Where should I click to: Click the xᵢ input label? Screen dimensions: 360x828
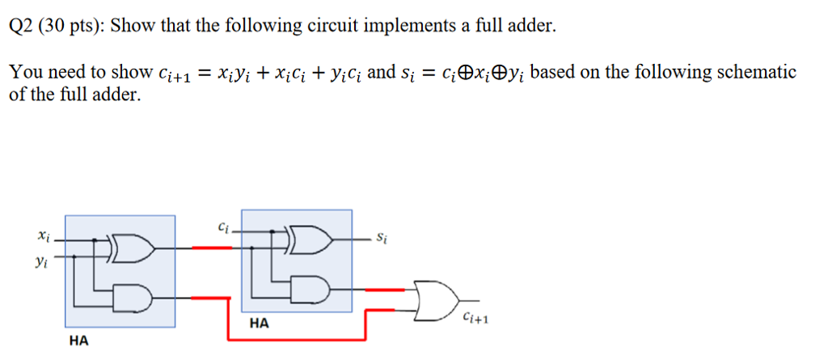coord(44,237)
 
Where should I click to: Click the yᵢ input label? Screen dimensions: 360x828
coord(41,262)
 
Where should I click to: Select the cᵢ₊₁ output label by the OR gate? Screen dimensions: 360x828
coord(475,319)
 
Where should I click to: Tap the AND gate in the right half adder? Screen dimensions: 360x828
coord(313,288)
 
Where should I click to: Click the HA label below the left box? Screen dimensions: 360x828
coord(79,341)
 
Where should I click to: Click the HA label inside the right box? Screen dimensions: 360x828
coord(259,324)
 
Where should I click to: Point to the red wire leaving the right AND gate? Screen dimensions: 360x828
coord(383,289)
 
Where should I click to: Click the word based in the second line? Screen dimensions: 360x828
coord(553,72)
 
